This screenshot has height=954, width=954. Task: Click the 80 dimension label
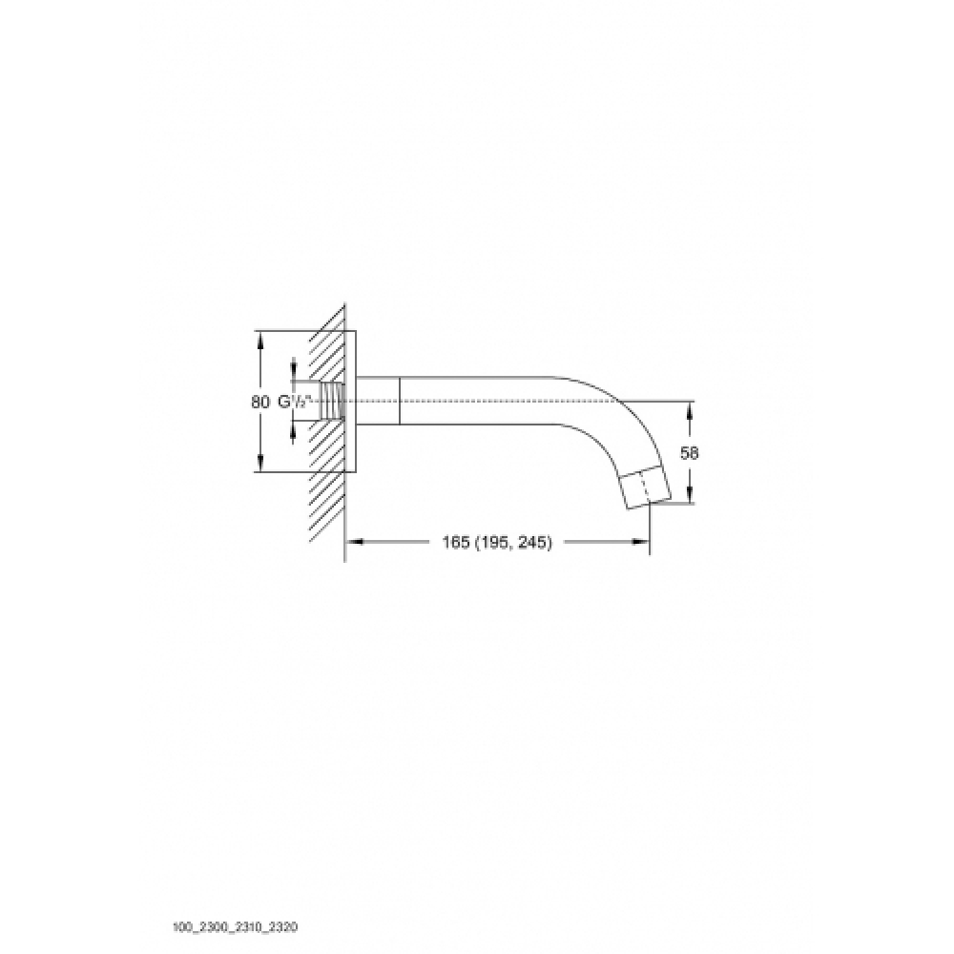tap(259, 402)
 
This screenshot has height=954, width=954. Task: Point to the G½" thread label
tap(295, 402)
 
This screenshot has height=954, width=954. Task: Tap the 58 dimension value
tap(690, 452)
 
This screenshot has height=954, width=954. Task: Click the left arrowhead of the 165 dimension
tap(355, 542)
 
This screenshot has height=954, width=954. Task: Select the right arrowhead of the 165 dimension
tap(641, 542)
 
